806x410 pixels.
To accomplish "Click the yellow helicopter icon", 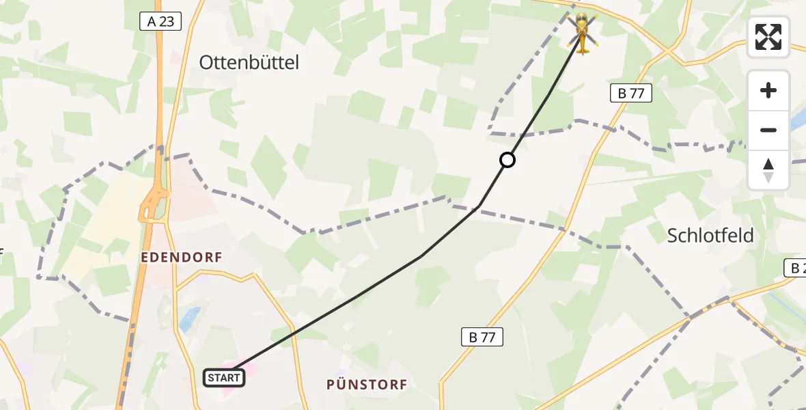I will click(x=582, y=31).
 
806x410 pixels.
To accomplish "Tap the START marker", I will click(x=224, y=377).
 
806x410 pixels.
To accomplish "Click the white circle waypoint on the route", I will click(x=508, y=160).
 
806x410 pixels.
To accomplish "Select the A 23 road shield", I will click(x=161, y=22).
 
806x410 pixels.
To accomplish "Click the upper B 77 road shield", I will click(x=630, y=94).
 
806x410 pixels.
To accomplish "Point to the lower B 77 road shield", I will click(x=482, y=336).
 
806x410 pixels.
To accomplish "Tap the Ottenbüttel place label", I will click(x=249, y=63).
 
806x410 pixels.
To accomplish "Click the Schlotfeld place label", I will click(x=710, y=236).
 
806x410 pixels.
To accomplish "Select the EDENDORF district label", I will click(x=182, y=257).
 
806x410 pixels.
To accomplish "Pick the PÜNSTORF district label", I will click(x=367, y=385).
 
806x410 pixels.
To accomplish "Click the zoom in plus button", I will click(x=768, y=91).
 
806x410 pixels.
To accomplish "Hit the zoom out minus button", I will click(x=768, y=130).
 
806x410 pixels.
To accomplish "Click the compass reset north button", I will click(x=768, y=170).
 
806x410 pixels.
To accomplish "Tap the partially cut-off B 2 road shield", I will click(x=795, y=269).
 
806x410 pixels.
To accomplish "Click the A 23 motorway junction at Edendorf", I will click(x=154, y=206).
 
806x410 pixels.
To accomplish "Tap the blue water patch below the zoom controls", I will click(x=798, y=121).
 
